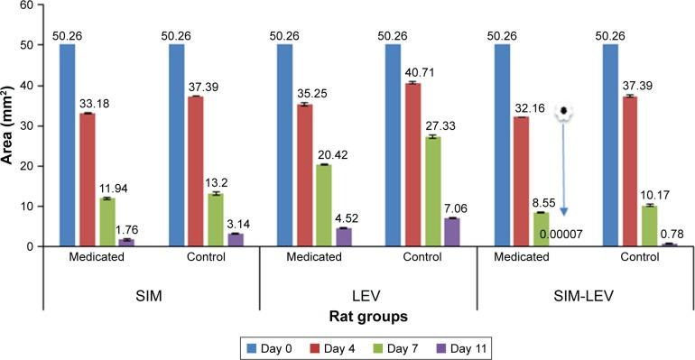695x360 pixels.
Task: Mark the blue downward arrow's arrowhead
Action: click(563, 212)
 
